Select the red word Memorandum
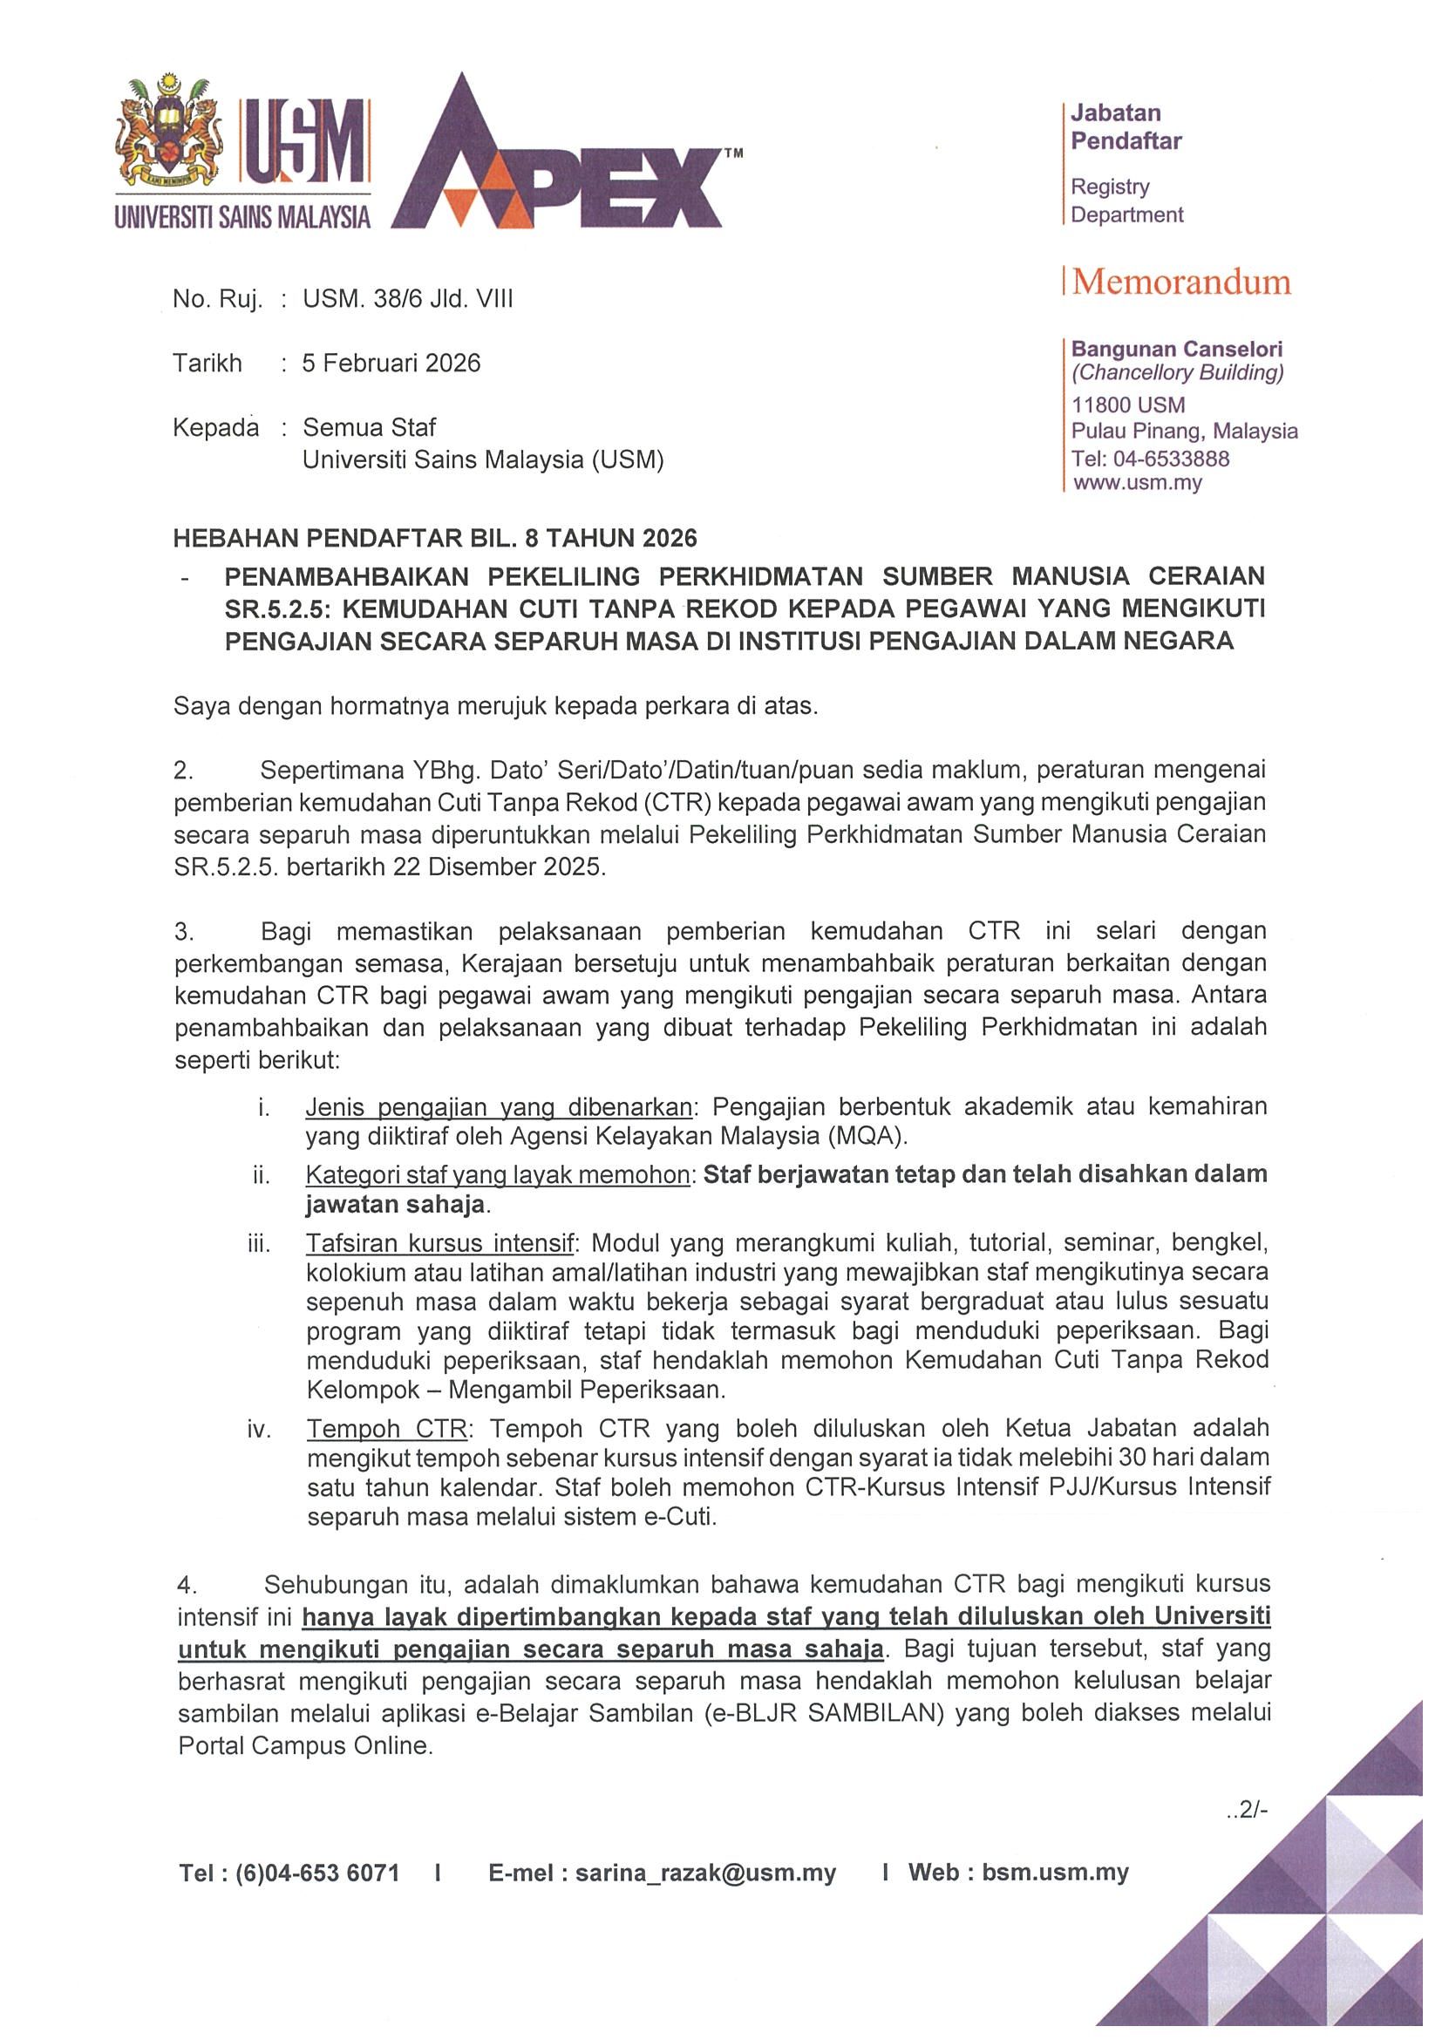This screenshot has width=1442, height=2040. coord(1181,282)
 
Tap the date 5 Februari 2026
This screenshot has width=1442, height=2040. coord(391,364)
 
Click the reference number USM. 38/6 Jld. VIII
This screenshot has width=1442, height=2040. coord(408,299)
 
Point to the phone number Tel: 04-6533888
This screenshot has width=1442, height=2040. coord(1150,459)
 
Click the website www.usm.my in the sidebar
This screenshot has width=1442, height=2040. coord(1137,483)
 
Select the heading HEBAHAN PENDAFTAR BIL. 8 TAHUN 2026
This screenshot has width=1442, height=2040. coord(435,539)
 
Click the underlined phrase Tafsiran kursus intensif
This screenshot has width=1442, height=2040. coord(441,1242)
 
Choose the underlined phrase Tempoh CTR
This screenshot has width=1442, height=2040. coord(386,1429)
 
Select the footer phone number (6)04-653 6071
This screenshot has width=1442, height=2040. coord(317,1873)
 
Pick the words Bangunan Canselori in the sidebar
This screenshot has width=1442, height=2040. coord(1176,350)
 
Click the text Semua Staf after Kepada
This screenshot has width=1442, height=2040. coord(370,427)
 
